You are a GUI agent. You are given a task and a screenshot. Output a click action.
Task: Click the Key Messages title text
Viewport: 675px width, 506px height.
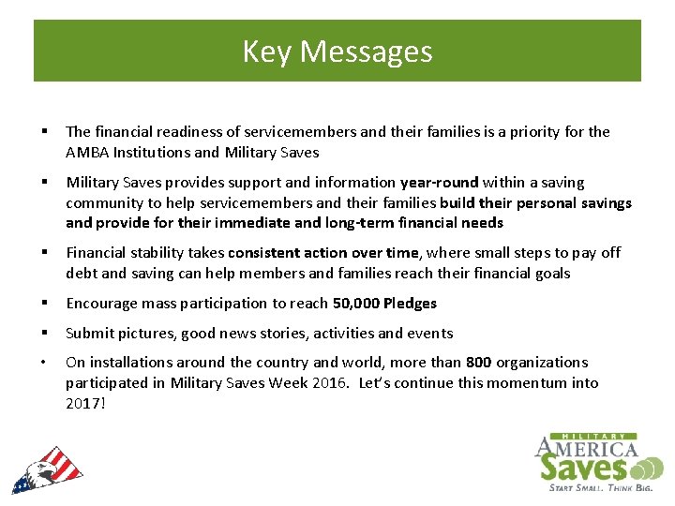[337, 51]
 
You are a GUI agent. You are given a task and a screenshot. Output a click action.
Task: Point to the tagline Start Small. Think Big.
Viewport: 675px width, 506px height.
[598, 486]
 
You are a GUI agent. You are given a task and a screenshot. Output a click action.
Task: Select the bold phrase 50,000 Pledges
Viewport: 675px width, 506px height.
[384, 303]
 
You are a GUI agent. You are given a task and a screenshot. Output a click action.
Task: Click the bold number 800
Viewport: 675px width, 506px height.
[478, 362]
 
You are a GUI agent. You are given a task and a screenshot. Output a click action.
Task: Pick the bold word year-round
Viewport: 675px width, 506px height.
[439, 182]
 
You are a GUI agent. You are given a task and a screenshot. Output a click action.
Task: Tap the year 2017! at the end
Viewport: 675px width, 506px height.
[86, 403]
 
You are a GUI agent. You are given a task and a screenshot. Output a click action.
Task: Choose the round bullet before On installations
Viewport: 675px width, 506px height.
[46, 362]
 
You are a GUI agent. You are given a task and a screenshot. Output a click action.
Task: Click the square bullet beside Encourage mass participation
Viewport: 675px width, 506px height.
[46, 303]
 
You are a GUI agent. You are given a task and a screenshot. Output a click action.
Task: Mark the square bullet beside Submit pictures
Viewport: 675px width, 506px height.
[46, 333]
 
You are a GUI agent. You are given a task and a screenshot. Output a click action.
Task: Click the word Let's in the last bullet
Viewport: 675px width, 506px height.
[417, 382]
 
